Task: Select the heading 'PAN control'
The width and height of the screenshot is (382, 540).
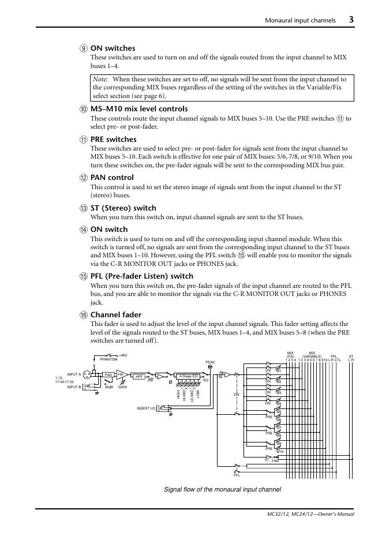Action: (112, 177)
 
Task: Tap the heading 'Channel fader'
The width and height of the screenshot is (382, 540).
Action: (116, 314)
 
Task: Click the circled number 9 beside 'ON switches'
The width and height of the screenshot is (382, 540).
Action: (84, 48)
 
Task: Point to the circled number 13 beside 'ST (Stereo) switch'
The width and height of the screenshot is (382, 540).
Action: (84, 208)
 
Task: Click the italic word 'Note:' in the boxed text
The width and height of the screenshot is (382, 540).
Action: (101, 79)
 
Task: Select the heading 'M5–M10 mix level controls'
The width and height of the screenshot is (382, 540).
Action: (139, 108)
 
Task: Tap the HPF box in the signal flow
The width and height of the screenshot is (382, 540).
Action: (139, 376)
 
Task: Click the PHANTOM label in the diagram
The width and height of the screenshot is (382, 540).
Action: (108, 359)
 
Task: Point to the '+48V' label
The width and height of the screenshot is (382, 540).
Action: (122, 355)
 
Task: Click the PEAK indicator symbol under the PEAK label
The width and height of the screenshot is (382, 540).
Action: (210, 367)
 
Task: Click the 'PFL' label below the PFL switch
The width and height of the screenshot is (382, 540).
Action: (237, 475)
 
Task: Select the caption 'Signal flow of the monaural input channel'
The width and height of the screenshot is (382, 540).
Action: (223, 489)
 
